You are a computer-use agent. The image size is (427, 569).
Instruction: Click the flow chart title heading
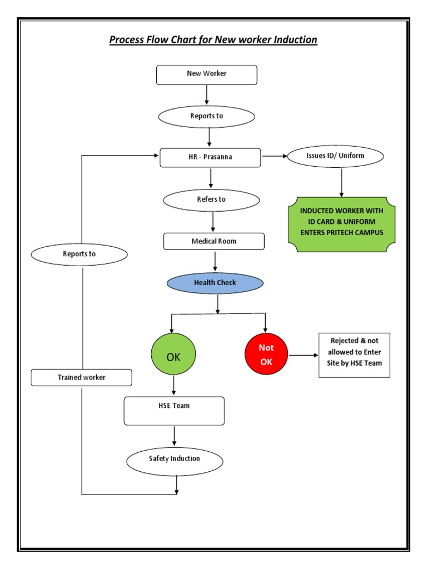point(213,39)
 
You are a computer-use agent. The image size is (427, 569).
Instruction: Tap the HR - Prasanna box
point(210,157)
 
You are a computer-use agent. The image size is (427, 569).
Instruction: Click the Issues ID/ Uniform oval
point(335,156)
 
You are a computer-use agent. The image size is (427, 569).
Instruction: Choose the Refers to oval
point(211,200)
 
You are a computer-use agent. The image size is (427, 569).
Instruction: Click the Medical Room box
point(214,242)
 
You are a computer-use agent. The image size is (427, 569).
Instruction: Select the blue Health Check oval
point(215,283)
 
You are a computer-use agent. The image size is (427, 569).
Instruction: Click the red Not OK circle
point(266,355)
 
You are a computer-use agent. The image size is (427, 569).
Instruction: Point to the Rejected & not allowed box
point(354,355)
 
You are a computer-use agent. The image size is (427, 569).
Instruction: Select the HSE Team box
point(174,411)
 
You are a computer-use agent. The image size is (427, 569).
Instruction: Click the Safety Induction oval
point(175,460)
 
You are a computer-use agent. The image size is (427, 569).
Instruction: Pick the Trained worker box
point(81,378)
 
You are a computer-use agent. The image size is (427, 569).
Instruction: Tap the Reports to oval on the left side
point(79,254)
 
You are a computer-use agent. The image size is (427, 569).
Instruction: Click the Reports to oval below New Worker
point(207,117)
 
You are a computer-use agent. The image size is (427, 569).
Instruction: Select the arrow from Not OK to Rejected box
point(302,355)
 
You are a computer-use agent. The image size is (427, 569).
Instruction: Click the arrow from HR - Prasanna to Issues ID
point(274,157)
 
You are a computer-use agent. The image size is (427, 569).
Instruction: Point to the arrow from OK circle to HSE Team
point(174,386)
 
